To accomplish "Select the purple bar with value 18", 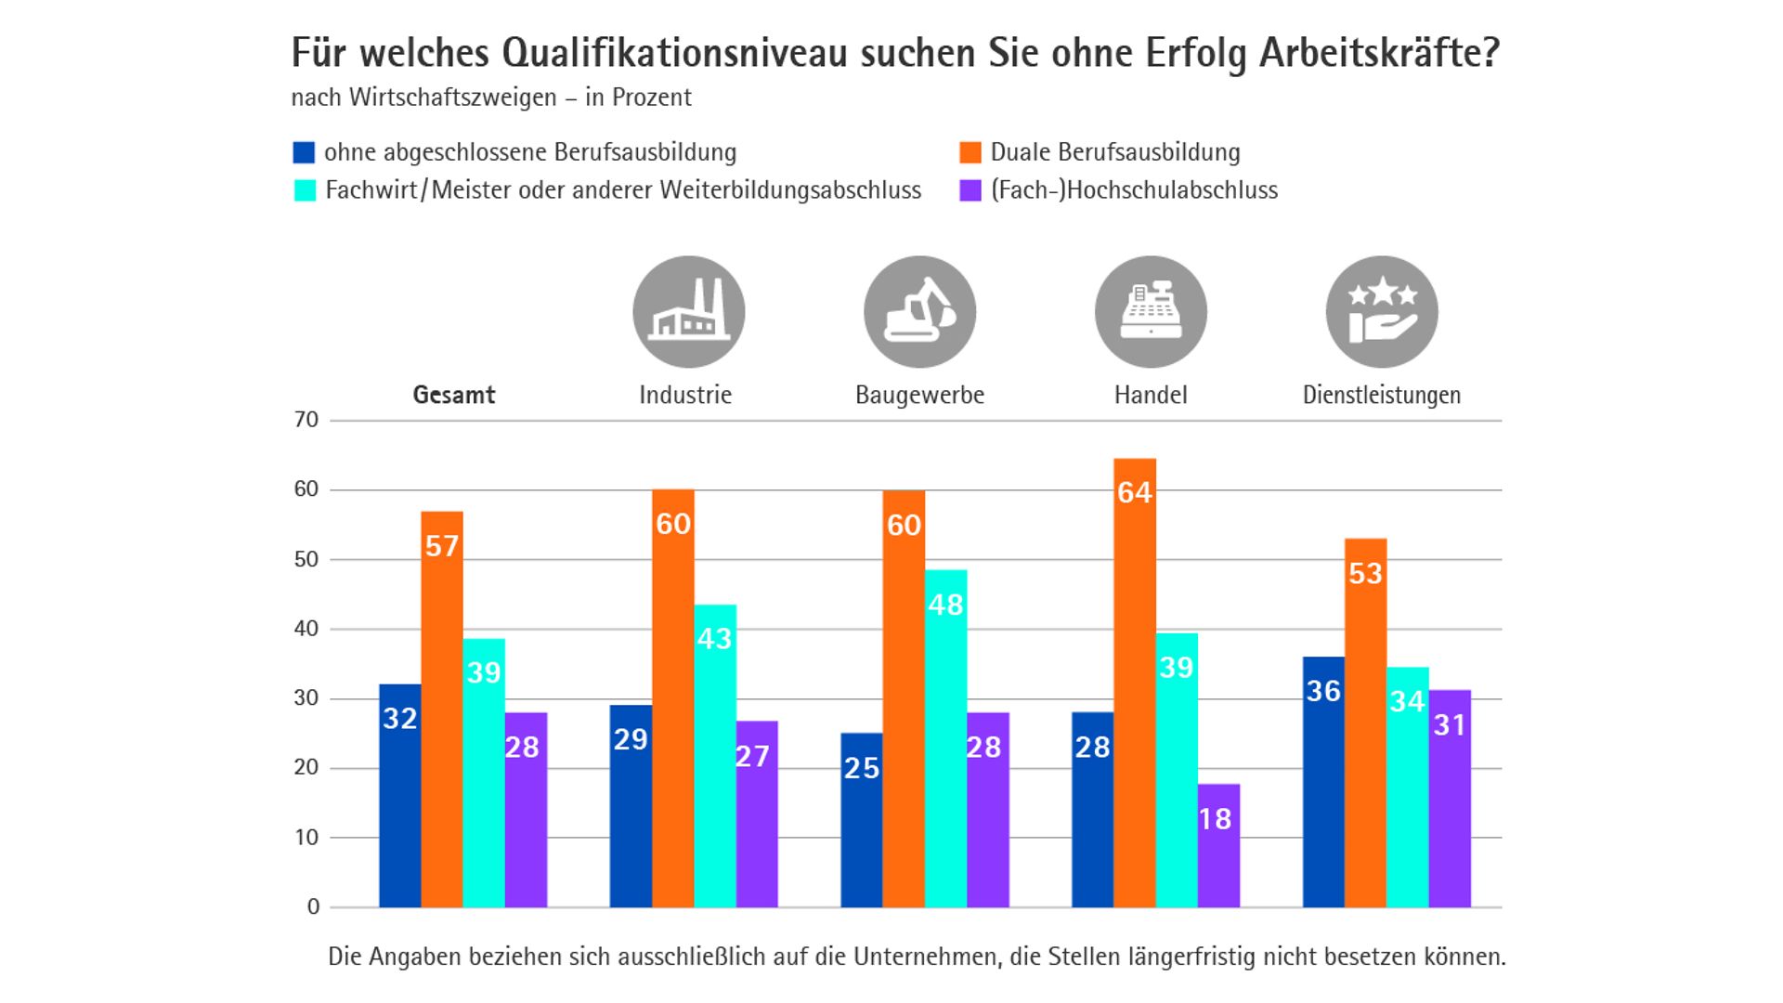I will (1218, 845).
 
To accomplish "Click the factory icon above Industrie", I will (688, 312).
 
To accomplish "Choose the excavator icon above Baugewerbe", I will (919, 312).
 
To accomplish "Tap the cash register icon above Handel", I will (1151, 312).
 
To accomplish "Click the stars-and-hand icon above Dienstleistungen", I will (1382, 312).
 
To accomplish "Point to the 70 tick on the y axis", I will (306, 420).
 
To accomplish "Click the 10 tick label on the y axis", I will (306, 838).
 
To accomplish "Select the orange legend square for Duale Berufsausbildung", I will (970, 152).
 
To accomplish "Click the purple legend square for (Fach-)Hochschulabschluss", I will (970, 190).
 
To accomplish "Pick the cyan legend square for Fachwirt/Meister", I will (305, 190).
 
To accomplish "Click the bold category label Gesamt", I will (454, 395).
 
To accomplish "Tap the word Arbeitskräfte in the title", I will (1380, 53).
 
